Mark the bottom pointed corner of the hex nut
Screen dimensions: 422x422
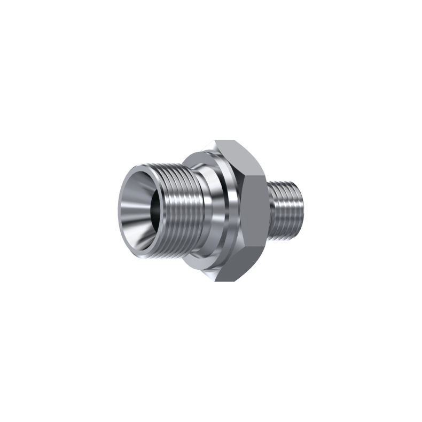point(216,282)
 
